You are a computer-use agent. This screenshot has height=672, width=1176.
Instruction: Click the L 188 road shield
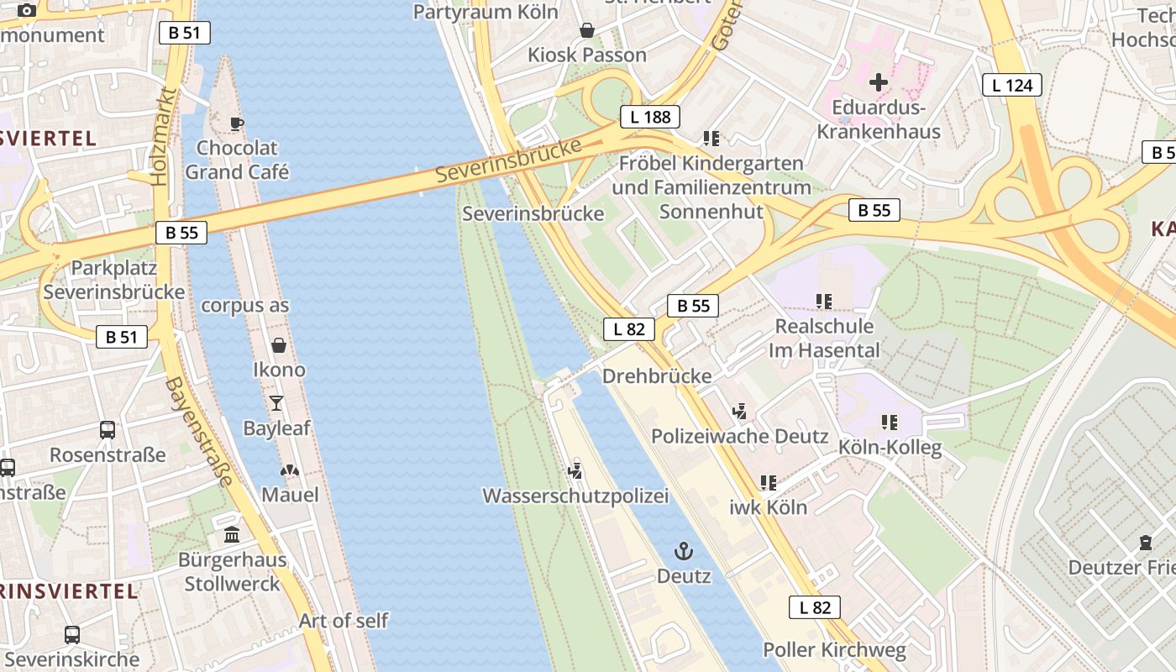650,117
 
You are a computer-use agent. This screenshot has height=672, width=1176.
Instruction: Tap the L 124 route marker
1012,84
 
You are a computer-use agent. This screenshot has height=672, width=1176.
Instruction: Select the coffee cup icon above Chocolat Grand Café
237,123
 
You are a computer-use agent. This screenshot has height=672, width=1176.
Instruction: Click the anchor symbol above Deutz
684,551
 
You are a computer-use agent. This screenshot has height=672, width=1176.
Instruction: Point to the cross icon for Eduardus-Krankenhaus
879,82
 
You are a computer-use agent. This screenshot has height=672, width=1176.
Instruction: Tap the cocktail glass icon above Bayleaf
276,403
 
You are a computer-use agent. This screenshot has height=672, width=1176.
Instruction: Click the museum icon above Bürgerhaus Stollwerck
232,534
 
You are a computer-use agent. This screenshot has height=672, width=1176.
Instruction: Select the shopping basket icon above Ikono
279,345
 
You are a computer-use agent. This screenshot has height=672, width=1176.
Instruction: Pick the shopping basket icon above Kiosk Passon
587,30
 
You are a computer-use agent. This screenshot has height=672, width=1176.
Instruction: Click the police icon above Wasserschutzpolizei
575,470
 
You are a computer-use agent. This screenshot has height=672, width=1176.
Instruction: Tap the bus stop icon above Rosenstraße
108,430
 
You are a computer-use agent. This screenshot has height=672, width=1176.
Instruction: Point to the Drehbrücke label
657,376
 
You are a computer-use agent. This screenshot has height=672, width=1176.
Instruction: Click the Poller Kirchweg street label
834,650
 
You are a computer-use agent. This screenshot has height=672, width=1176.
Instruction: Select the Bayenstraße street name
198,432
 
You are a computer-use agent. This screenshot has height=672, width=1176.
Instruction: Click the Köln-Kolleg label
890,448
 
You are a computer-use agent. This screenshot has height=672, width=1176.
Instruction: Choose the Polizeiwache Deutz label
740,437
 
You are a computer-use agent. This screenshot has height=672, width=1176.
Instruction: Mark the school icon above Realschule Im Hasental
823,301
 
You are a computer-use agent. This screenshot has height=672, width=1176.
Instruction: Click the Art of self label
344,621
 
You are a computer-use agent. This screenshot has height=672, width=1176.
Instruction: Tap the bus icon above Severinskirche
72,635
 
